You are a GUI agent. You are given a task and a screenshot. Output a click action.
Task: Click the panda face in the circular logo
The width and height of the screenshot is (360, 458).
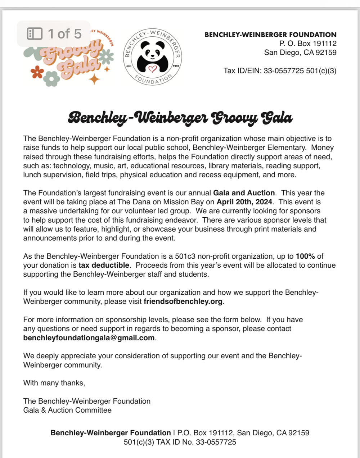point(153,51)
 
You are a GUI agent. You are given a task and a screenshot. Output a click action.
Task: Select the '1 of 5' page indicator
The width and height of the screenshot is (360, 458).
point(64,34)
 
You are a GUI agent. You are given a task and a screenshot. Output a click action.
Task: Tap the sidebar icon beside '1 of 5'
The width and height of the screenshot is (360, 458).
point(35,34)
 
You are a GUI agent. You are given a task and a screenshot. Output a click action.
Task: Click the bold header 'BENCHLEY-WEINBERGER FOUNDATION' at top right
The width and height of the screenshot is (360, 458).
point(270,35)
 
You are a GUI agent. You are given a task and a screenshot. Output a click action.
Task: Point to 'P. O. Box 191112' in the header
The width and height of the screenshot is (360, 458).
point(308,44)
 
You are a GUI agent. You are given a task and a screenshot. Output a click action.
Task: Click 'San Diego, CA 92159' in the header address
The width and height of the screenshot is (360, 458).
point(300,53)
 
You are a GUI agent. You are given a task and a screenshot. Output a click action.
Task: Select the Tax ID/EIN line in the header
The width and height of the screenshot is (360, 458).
point(280,71)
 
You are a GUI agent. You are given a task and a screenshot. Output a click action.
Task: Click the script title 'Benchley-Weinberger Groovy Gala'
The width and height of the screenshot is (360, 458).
point(180,118)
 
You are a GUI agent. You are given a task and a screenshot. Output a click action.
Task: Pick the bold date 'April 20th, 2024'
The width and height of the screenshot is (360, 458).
point(244,202)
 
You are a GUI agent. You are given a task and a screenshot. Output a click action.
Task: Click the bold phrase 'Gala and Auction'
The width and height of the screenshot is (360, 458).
point(244,193)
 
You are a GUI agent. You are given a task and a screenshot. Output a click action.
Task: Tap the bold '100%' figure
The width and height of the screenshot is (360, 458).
point(305,256)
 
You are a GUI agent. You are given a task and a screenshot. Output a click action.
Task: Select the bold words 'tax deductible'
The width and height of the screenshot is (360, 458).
point(104,265)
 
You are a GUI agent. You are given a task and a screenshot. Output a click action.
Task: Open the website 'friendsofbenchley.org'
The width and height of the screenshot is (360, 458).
point(183,301)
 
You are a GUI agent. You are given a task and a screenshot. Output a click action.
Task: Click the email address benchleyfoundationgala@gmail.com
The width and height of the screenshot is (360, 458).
point(89,338)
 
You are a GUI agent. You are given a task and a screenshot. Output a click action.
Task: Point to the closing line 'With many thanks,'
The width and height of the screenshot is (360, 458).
point(54,383)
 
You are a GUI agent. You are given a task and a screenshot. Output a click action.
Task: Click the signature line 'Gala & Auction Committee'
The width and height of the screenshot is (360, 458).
point(67,410)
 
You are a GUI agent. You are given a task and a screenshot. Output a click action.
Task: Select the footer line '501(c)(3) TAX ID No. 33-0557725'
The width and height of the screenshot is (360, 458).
point(180,442)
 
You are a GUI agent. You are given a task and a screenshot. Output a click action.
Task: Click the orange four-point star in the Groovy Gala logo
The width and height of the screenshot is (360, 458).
point(94,78)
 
